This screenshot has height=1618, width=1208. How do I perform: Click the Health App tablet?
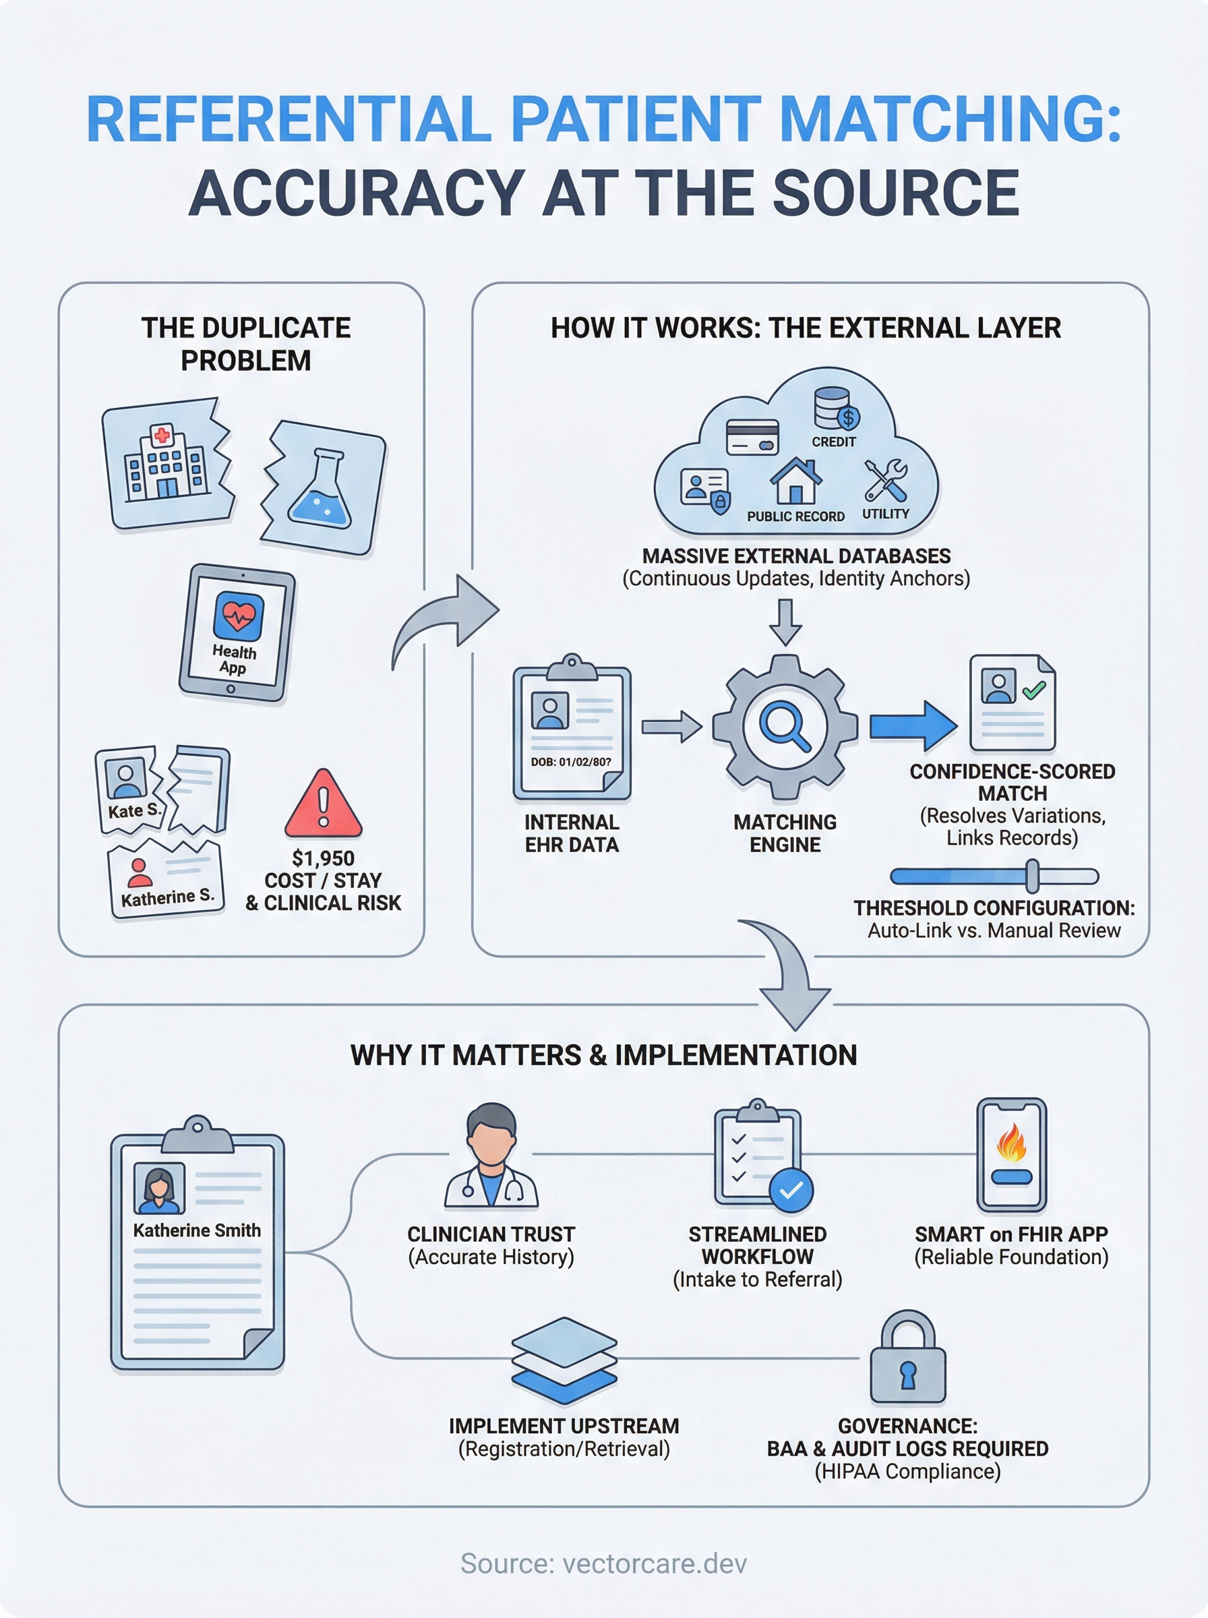pos(236,633)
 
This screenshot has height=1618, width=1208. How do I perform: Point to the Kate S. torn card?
pos(129,789)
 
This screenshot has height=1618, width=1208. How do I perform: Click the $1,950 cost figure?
pos(323,858)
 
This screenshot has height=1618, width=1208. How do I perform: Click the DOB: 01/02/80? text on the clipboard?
pos(570,762)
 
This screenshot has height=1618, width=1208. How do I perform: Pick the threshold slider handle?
pos(1032,876)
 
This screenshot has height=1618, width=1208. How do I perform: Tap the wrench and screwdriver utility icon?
pos(886,481)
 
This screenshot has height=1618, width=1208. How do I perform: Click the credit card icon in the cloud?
pos(752,438)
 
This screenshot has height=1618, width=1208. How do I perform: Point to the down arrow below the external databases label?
pos(785,622)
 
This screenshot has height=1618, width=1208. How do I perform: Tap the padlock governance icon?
pos(907,1359)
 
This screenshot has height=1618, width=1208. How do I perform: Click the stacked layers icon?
pos(564,1360)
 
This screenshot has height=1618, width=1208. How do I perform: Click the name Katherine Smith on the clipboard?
pos(197,1230)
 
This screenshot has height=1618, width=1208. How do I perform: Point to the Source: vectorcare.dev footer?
pos(604,1563)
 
